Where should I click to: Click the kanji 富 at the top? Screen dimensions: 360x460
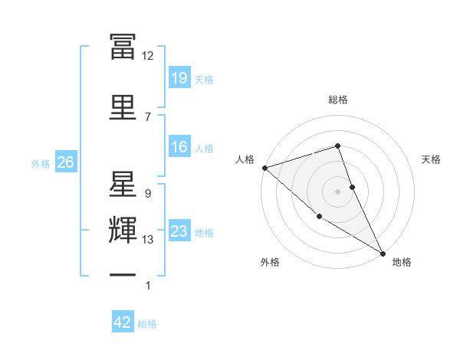pyautogui.click(x=123, y=46)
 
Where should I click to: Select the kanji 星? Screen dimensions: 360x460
pyautogui.click(x=123, y=184)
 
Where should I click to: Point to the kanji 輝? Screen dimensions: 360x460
pyautogui.click(x=123, y=231)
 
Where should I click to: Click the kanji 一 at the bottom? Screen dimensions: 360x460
pyautogui.click(x=123, y=273)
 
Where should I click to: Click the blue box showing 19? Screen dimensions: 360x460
pyautogui.click(x=179, y=77)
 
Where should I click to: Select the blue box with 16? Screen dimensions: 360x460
pyautogui.click(x=179, y=147)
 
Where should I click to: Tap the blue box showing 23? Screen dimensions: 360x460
pyautogui.click(x=179, y=231)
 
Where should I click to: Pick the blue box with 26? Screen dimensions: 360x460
pyautogui.click(x=65, y=162)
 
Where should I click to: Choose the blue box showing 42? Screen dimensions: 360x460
pyautogui.click(x=123, y=322)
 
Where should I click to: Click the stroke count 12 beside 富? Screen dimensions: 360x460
pyautogui.click(x=147, y=55)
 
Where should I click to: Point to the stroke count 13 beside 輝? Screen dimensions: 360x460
pyautogui.click(x=148, y=240)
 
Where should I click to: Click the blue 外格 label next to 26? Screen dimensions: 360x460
pyautogui.click(x=41, y=163)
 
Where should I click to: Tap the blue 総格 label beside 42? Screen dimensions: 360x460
pyautogui.click(x=147, y=324)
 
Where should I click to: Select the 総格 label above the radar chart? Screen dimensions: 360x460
pyautogui.click(x=337, y=100)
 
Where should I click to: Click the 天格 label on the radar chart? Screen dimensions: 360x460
pyautogui.click(x=432, y=159)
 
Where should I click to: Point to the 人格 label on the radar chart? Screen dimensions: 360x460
pyautogui.click(x=245, y=159)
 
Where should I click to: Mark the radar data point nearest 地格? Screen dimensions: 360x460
pyautogui.click(x=383, y=253)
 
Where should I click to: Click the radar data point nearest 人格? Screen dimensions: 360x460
pyautogui.click(x=264, y=167)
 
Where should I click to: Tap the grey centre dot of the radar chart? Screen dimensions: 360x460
pyautogui.click(x=337, y=191)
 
